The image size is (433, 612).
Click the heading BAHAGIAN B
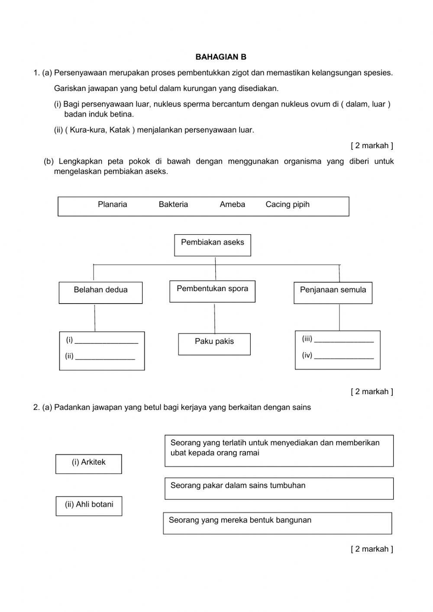coord(221,57)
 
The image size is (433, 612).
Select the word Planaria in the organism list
coord(113,204)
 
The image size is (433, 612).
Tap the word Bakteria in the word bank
coord(173,204)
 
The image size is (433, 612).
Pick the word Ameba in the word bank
coord(232,204)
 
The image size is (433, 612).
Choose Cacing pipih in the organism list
coord(288,204)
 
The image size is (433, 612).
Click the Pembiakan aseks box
coord(213,245)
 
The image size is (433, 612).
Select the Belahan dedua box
coord(100,292)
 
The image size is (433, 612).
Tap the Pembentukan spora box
coord(213,291)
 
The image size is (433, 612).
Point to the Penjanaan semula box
coord(333,292)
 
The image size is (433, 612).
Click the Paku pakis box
coord(214,344)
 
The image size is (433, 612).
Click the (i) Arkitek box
coord(89,463)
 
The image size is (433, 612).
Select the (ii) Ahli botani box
coord(89,505)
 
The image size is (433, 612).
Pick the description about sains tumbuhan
coord(279,488)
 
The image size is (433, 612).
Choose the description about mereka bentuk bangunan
coord(278,523)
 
